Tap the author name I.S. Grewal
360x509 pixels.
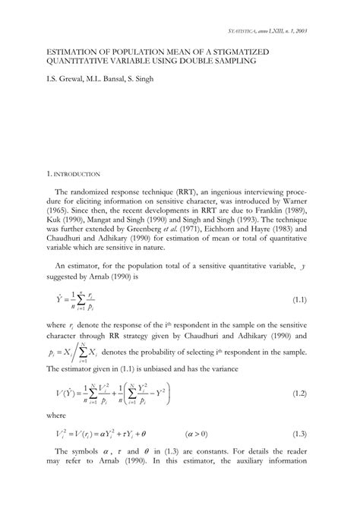pos(66,77)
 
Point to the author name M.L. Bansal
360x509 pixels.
pos(112,77)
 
